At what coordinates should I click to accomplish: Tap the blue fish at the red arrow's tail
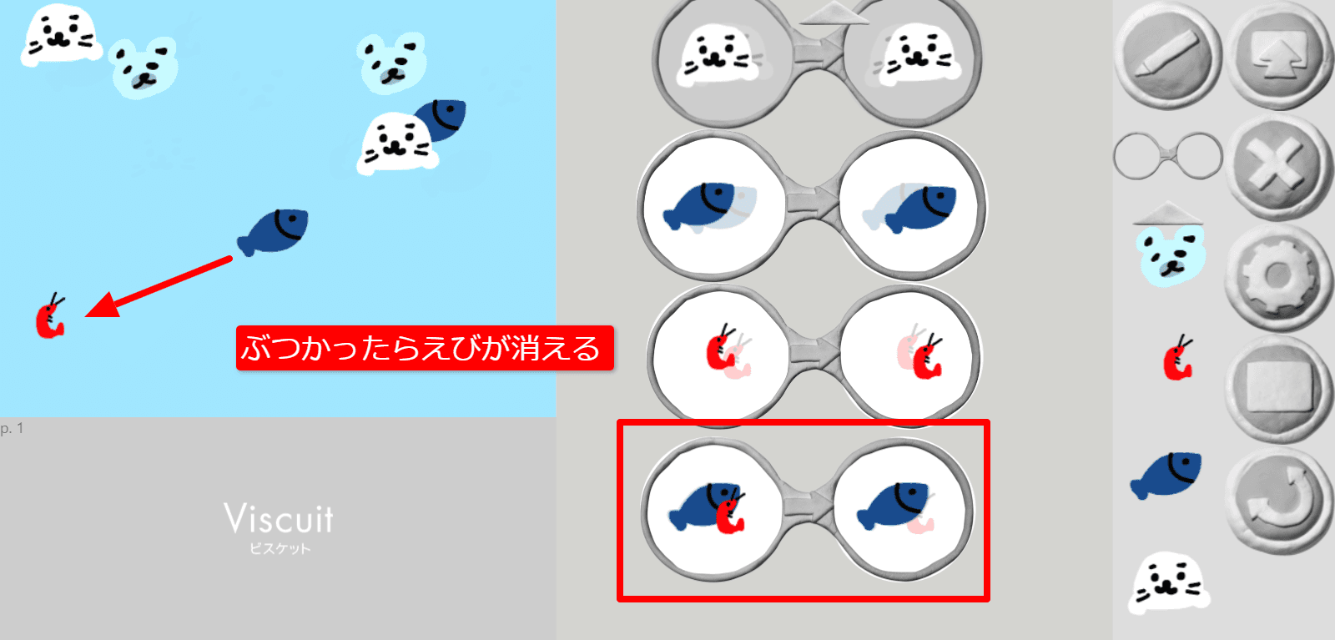(x=275, y=232)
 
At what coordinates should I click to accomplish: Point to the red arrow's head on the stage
(x=98, y=309)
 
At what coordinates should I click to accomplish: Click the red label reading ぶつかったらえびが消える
(x=425, y=347)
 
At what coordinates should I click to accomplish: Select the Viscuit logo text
(x=279, y=520)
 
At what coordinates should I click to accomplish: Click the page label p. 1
(x=12, y=428)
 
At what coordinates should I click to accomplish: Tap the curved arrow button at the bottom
(x=1277, y=499)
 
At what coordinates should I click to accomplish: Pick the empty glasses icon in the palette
(x=1168, y=155)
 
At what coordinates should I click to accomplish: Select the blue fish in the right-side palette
(x=1167, y=473)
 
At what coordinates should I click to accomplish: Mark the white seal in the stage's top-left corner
(x=60, y=33)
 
